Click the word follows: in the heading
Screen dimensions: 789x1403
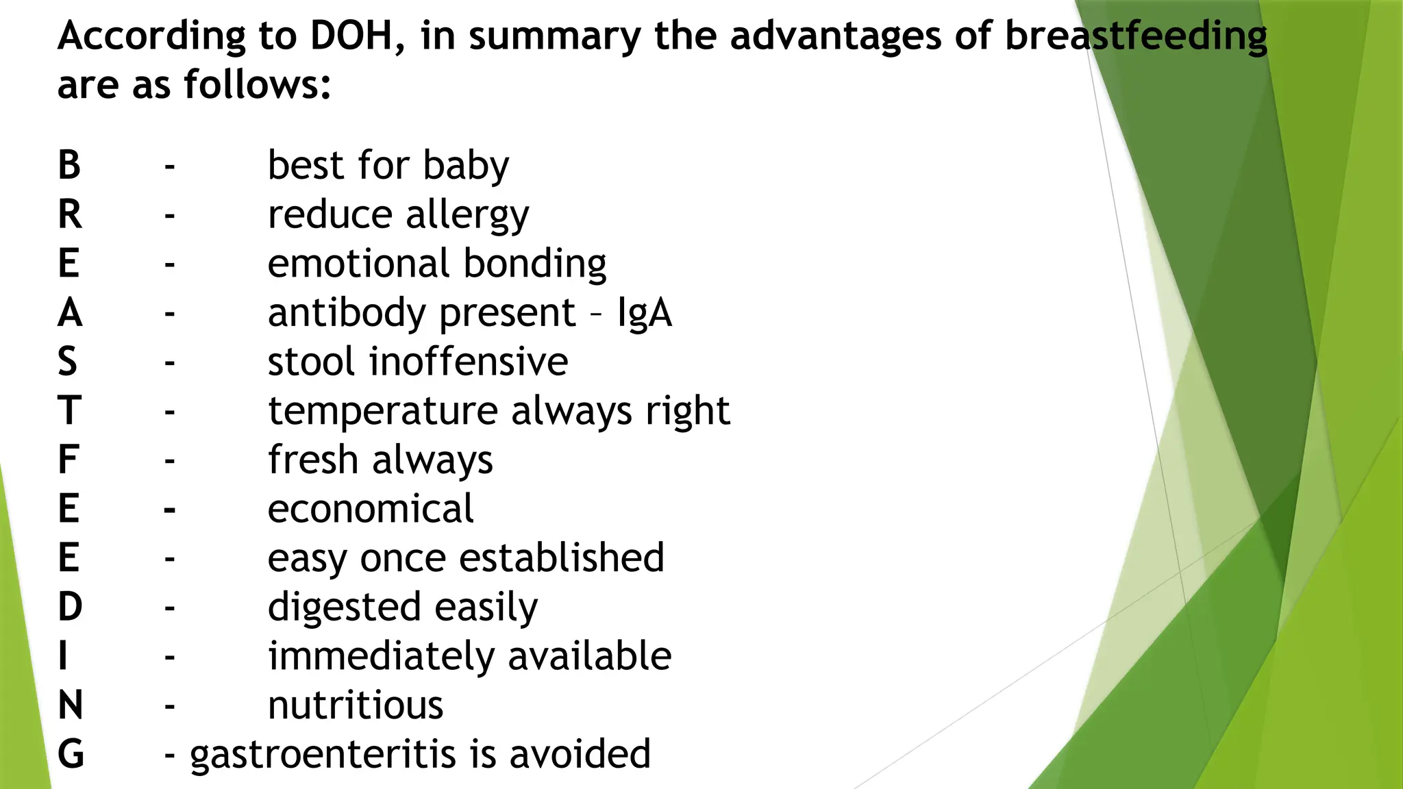click(258, 85)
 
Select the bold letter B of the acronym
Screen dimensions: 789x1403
click(69, 166)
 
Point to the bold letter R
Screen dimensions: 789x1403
click(70, 215)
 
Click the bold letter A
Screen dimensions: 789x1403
click(70, 313)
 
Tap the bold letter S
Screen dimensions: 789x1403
click(67, 362)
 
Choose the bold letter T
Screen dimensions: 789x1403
click(69, 411)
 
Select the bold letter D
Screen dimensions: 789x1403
click(70, 608)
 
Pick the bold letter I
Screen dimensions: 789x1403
click(63, 656)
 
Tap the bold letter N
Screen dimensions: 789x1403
click(71, 705)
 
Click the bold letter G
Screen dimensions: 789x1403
click(71, 755)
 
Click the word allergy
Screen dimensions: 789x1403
click(467, 216)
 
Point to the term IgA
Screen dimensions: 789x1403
click(644, 314)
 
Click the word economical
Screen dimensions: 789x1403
click(370, 510)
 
